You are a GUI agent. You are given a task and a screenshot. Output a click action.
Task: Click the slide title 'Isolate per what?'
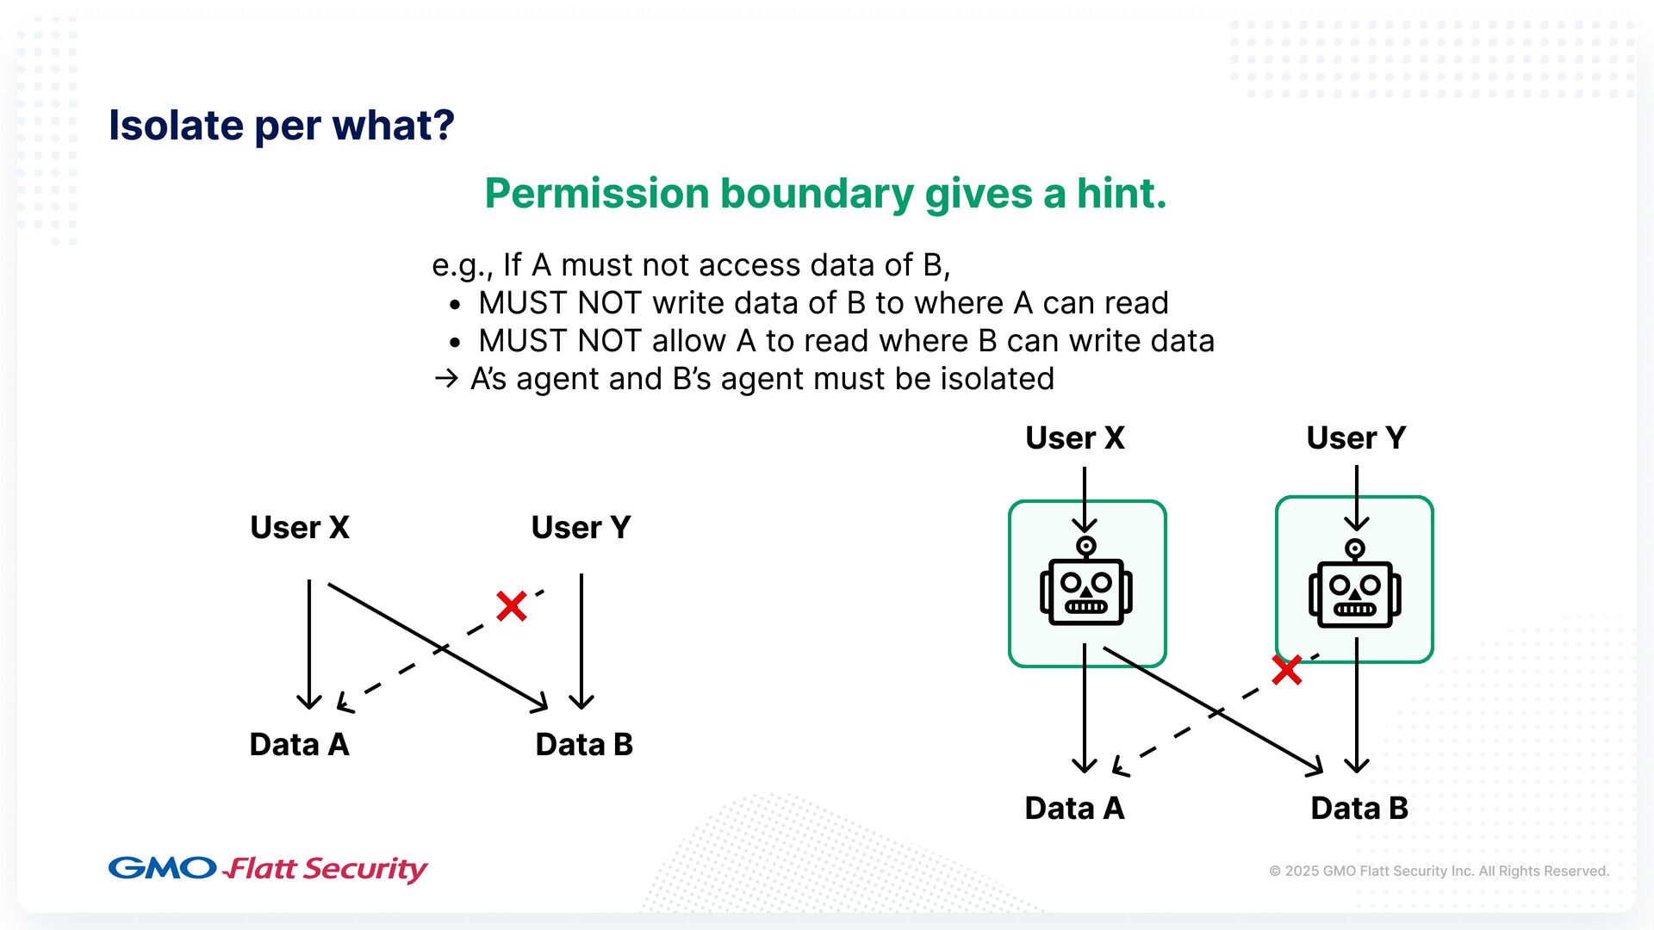pos(281,126)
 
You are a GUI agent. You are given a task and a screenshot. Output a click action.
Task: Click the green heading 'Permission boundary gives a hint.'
pos(825,194)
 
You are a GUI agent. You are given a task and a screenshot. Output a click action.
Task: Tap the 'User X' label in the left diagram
pos(300,527)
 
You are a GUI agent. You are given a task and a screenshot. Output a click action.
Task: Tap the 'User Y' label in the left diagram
pos(581,527)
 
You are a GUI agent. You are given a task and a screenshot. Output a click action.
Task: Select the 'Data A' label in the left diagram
pos(299,744)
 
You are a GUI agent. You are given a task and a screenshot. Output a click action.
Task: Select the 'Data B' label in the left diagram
pos(584,744)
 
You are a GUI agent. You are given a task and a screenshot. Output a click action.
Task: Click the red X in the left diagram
pos(511,606)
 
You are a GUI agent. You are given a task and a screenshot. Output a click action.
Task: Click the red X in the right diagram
pos(1287,670)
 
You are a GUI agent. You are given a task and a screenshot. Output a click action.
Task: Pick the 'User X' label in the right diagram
pos(1075,437)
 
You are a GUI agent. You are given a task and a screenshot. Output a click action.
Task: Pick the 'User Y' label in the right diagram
pos(1356,437)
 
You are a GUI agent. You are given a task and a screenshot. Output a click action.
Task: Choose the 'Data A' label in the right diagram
pos(1074,808)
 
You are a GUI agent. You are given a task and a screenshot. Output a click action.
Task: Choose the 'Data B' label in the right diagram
pos(1359,808)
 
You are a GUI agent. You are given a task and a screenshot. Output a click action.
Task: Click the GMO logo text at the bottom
pos(162,868)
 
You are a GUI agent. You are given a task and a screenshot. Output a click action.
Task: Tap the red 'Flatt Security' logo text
pos(326,869)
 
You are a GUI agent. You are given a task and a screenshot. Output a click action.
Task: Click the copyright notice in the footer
pos(1439,871)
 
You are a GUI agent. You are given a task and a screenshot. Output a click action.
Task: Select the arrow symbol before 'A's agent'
pos(446,379)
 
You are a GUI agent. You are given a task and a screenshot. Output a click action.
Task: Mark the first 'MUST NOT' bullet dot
pos(456,305)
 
